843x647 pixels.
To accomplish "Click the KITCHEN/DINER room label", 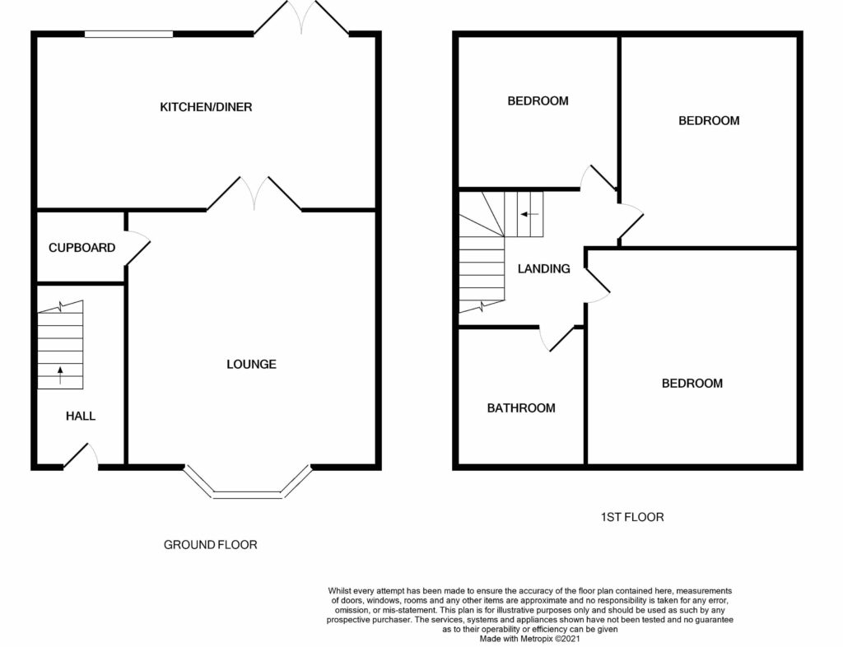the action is pyautogui.click(x=206, y=107).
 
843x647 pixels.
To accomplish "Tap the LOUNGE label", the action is pyautogui.click(x=251, y=365).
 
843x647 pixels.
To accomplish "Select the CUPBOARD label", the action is pyautogui.click(x=82, y=248).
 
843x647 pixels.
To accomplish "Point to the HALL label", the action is pyautogui.click(x=81, y=416).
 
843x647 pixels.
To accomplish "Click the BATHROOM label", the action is pyautogui.click(x=521, y=408).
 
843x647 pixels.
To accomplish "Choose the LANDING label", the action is pyautogui.click(x=543, y=268).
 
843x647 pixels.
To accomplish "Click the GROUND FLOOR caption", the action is pyautogui.click(x=210, y=545).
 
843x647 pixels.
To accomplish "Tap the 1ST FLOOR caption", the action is pyautogui.click(x=631, y=517).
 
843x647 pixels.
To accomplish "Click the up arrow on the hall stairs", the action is pyautogui.click(x=60, y=375).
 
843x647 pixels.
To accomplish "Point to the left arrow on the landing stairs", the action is pyautogui.click(x=529, y=214).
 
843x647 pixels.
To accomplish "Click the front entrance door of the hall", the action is pyautogui.click(x=81, y=456).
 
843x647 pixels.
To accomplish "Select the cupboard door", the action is pyautogui.click(x=137, y=248).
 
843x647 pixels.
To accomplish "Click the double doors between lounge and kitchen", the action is pyautogui.click(x=254, y=193).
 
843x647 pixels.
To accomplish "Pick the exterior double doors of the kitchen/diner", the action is pyautogui.click(x=301, y=18).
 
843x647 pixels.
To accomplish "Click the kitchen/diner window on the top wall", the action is pyautogui.click(x=129, y=34).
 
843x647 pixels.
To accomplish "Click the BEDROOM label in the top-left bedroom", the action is pyautogui.click(x=538, y=101).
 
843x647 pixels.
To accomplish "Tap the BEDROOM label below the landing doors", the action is pyautogui.click(x=692, y=383).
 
